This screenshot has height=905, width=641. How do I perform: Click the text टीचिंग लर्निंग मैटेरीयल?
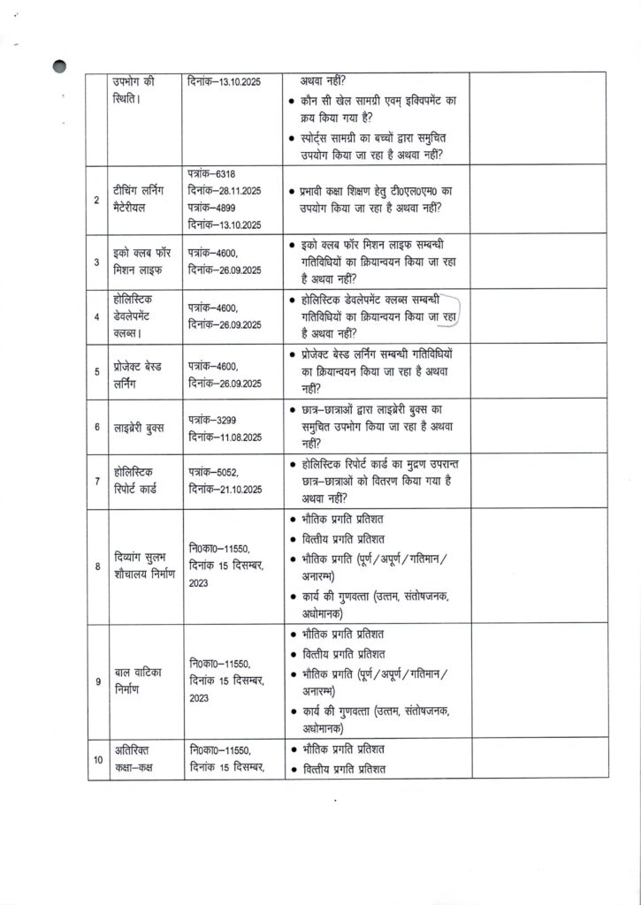pos(139,200)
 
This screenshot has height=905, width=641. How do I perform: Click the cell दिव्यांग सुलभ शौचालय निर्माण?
pos(144,566)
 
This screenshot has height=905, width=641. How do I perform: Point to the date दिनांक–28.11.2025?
pos(225,191)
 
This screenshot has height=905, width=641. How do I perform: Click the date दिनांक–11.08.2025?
pos(225,435)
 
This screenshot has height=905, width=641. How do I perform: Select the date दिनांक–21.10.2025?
pos(225,490)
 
